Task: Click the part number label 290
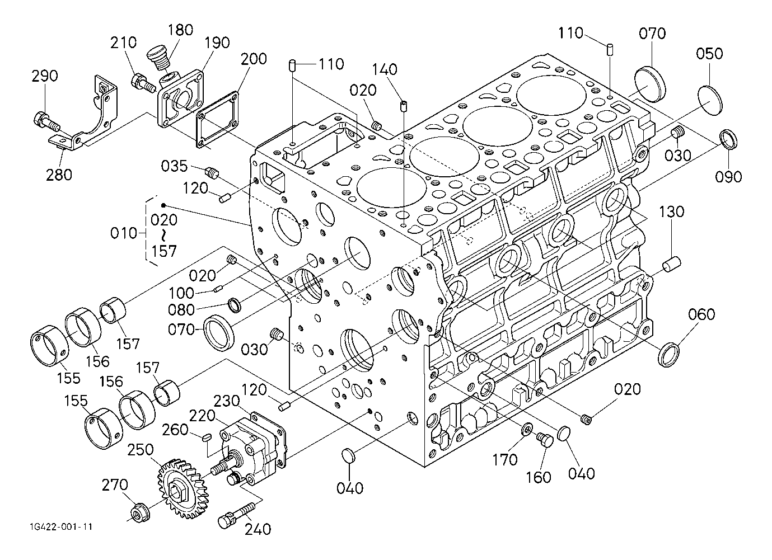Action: point(45,76)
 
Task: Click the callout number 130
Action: point(671,212)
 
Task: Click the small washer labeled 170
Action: point(527,430)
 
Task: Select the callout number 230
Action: point(228,401)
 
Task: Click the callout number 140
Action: point(386,70)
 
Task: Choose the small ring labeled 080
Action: point(233,305)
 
